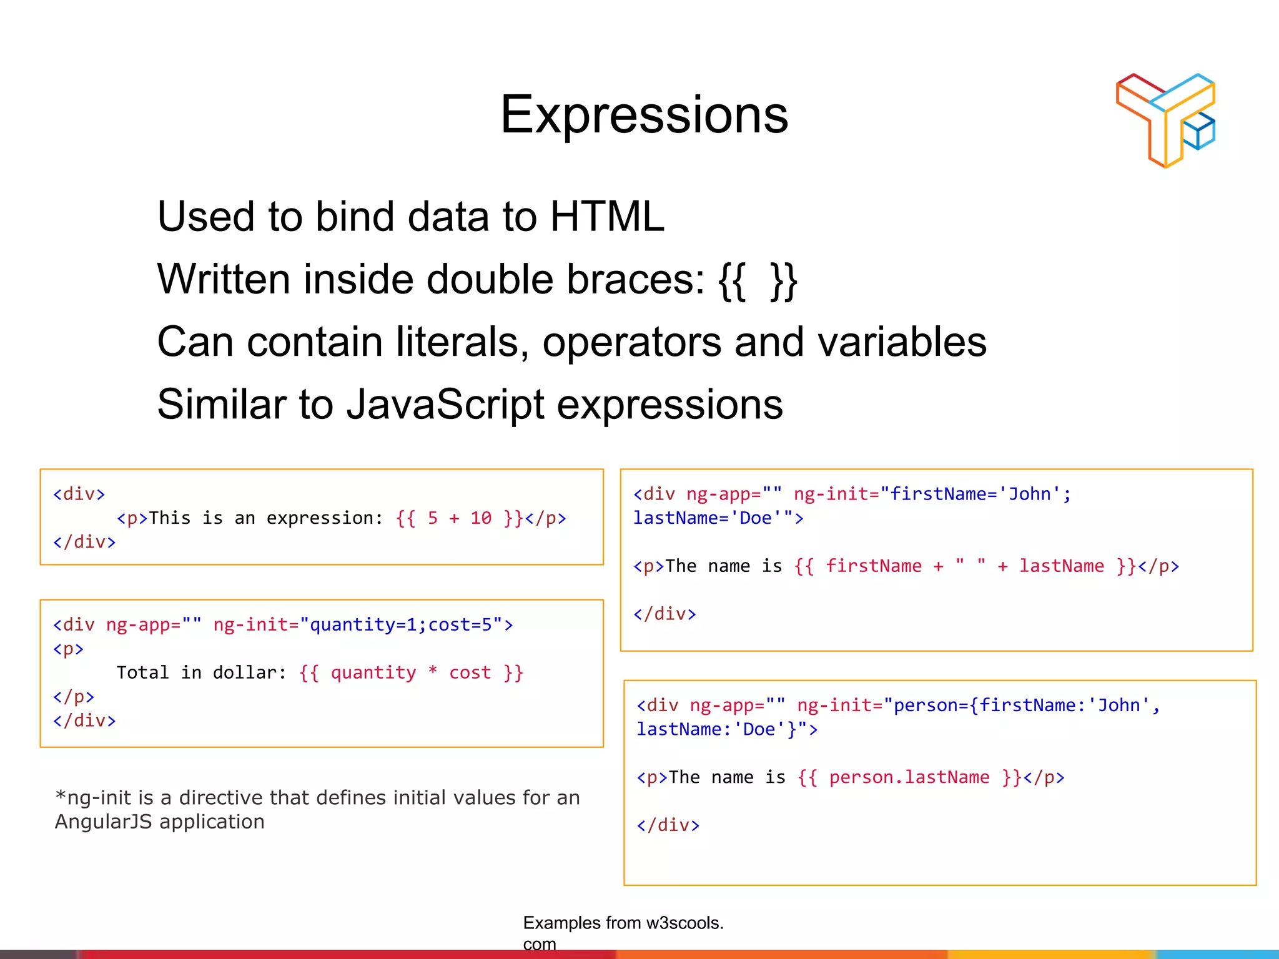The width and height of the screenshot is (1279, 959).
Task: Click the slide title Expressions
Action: pyautogui.click(x=644, y=115)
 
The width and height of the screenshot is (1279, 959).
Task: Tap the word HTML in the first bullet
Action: pyautogui.click(x=607, y=217)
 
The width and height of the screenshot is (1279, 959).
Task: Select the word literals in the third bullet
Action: pyautogui.click(x=462, y=342)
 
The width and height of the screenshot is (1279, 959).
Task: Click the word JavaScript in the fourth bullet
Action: pyautogui.click(x=445, y=405)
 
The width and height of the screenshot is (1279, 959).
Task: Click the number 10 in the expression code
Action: pyautogui.click(x=481, y=518)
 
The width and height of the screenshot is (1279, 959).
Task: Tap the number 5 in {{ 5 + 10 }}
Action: pyautogui.click(x=433, y=518)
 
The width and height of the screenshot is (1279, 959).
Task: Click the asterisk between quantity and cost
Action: pyautogui.click(x=433, y=672)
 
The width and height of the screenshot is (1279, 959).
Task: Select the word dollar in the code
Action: pyautogui.click(x=244, y=672)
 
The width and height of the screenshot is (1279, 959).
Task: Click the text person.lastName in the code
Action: pyautogui.click(x=909, y=777)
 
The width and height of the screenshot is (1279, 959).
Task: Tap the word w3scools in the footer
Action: pyautogui.click(x=681, y=923)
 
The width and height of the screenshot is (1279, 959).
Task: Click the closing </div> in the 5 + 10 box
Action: pyautogui.click(x=84, y=542)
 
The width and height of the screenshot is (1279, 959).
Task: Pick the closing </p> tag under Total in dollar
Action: pyautogui.click(x=74, y=696)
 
